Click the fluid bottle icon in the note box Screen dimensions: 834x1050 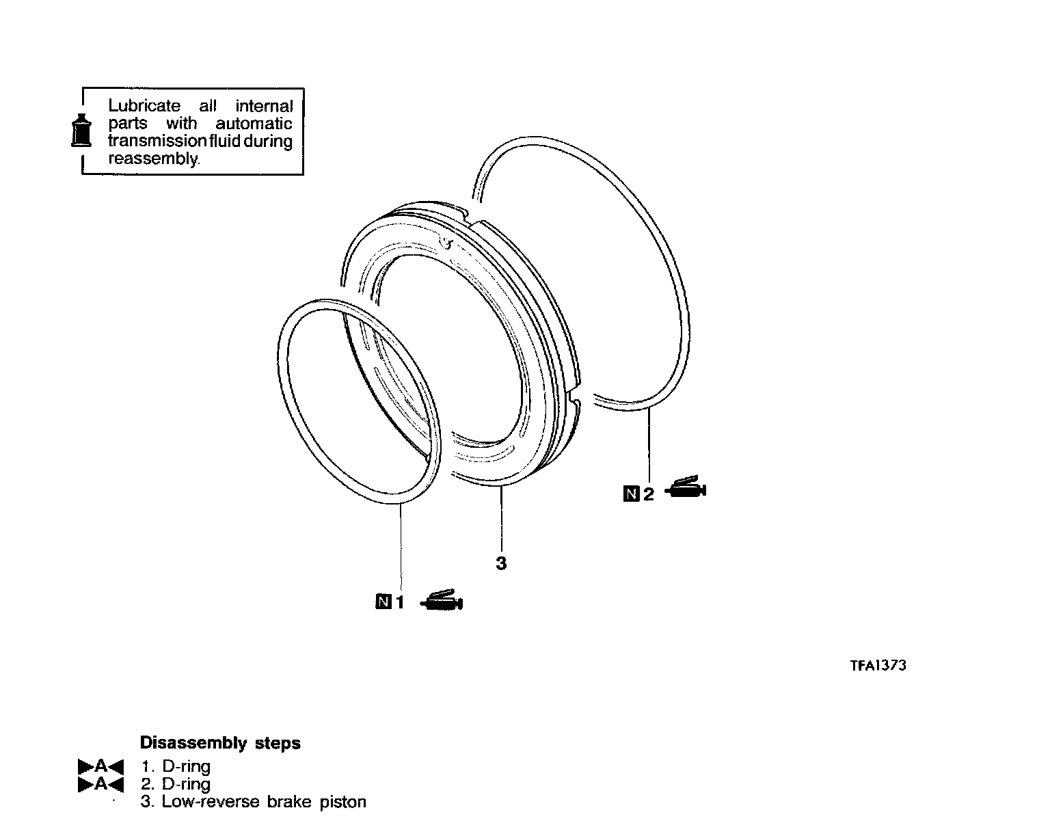click(x=81, y=130)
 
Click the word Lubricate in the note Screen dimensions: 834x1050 click(x=144, y=106)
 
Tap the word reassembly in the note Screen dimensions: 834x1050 click(x=154, y=159)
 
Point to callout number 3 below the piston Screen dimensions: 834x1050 click(x=501, y=564)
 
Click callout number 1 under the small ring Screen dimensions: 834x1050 click(x=401, y=602)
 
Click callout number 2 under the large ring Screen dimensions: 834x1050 click(x=648, y=494)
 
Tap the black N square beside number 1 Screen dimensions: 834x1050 click(x=383, y=602)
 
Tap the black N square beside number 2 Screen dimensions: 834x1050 click(x=631, y=494)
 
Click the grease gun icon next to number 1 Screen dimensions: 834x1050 click(x=442, y=600)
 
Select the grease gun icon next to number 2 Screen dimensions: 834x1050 click(x=686, y=489)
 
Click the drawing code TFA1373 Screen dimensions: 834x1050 click(x=878, y=665)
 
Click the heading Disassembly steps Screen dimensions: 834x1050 click(x=219, y=743)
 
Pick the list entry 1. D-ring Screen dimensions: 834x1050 click(x=176, y=766)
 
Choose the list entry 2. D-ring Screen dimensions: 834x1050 click(x=176, y=784)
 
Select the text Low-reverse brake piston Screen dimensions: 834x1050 click(x=264, y=802)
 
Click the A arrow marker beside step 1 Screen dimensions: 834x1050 click(x=100, y=766)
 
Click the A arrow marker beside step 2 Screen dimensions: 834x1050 click(x=100, y=784)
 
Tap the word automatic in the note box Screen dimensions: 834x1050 click(x=254, y=124)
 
